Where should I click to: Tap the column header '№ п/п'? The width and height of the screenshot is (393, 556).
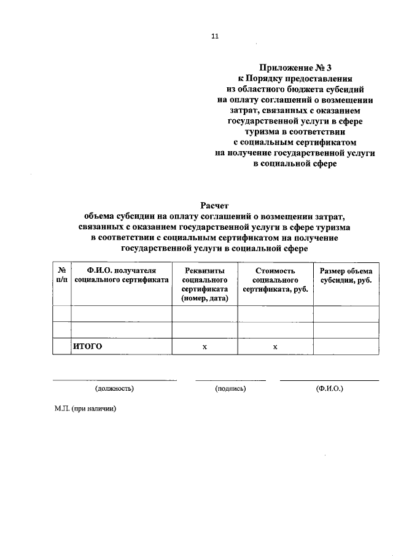pos(61,275)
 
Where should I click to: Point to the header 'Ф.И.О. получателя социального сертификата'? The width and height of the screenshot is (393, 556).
pos(121,275)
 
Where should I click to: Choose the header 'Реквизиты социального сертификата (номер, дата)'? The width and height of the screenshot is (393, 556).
pos(204,284)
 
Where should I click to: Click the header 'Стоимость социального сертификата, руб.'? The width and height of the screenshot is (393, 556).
pos(275,280)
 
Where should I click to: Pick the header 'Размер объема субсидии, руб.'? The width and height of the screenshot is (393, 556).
pos(346,275)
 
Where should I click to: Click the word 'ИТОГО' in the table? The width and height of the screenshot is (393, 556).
pos(87,347)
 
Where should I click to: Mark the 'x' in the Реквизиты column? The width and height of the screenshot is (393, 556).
pos(204,347)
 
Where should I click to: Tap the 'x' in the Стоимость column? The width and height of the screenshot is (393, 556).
pos(275,347)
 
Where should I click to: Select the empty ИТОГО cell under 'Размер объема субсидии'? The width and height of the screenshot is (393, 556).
pos(346,347)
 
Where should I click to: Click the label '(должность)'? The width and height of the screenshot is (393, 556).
pos(114,389)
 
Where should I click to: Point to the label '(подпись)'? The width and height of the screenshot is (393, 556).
pos(230,389)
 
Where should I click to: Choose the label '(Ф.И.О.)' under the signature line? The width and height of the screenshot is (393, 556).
pos(329,389)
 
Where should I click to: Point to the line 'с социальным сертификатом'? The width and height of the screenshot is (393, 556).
pos(295,143)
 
